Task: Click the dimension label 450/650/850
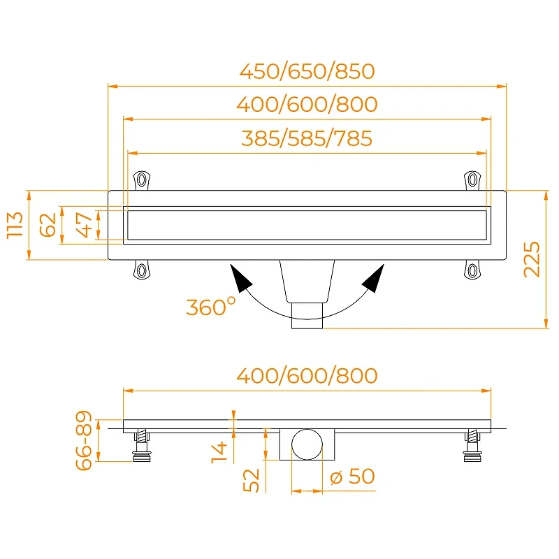pyautogui.click(x=307, y=71)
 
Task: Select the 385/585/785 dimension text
pyautogui.click(x=307, y=138)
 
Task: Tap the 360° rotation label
pyautogui.click(x=211, y=307)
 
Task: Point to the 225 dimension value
pyautogui.click(x=532, y=259)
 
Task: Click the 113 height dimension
pyautogui.click(x=15, y=225)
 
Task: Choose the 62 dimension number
pyautogui.click(x=48, y=225)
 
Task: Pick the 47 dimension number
pyautogui.click(x=85, y=225)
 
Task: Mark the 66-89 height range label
pyautogui.click(x=84, y=440)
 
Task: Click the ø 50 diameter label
pyautogui.click(x=352, y=476)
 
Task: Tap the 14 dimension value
pyautogui.click(x=219, y=452)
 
